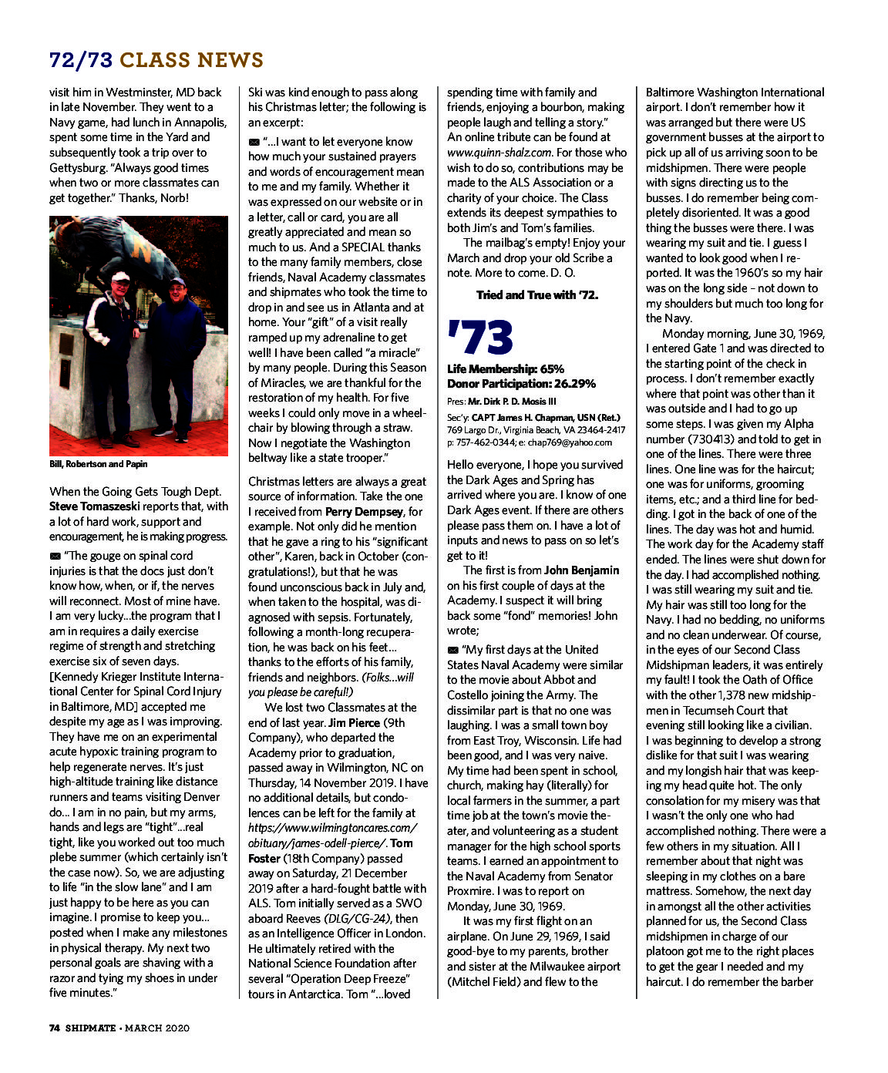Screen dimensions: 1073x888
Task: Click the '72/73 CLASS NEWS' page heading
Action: click(156, 60)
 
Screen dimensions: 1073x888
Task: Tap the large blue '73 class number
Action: click(479, 338)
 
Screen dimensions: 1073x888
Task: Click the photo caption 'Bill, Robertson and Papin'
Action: click(99, 464)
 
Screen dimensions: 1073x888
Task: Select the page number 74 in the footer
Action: click(55, 1028)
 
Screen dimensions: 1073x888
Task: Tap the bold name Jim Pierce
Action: click(354, 722)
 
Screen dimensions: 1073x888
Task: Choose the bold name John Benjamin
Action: click(581, 570)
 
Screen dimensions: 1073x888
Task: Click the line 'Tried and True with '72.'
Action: click(536, 294)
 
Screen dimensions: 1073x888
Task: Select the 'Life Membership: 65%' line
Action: click(506, 368)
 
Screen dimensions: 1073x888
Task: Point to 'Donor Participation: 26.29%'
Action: click(521, 383)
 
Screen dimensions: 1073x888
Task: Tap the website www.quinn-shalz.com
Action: click(499, 153)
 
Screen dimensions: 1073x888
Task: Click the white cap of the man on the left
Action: click(120, 275)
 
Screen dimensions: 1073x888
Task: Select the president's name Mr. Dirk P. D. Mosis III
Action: click(512, 401)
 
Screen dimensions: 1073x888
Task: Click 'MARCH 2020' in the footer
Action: click(158, 1028)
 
